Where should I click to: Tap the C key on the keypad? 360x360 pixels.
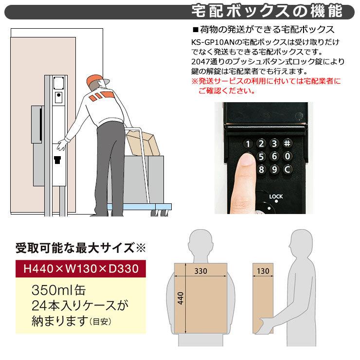tap(287, 169)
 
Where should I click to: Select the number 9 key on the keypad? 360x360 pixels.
tap(275, 169)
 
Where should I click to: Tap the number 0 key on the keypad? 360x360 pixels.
tap(287, 156)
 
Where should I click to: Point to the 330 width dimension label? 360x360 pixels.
tap(200, 271)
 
